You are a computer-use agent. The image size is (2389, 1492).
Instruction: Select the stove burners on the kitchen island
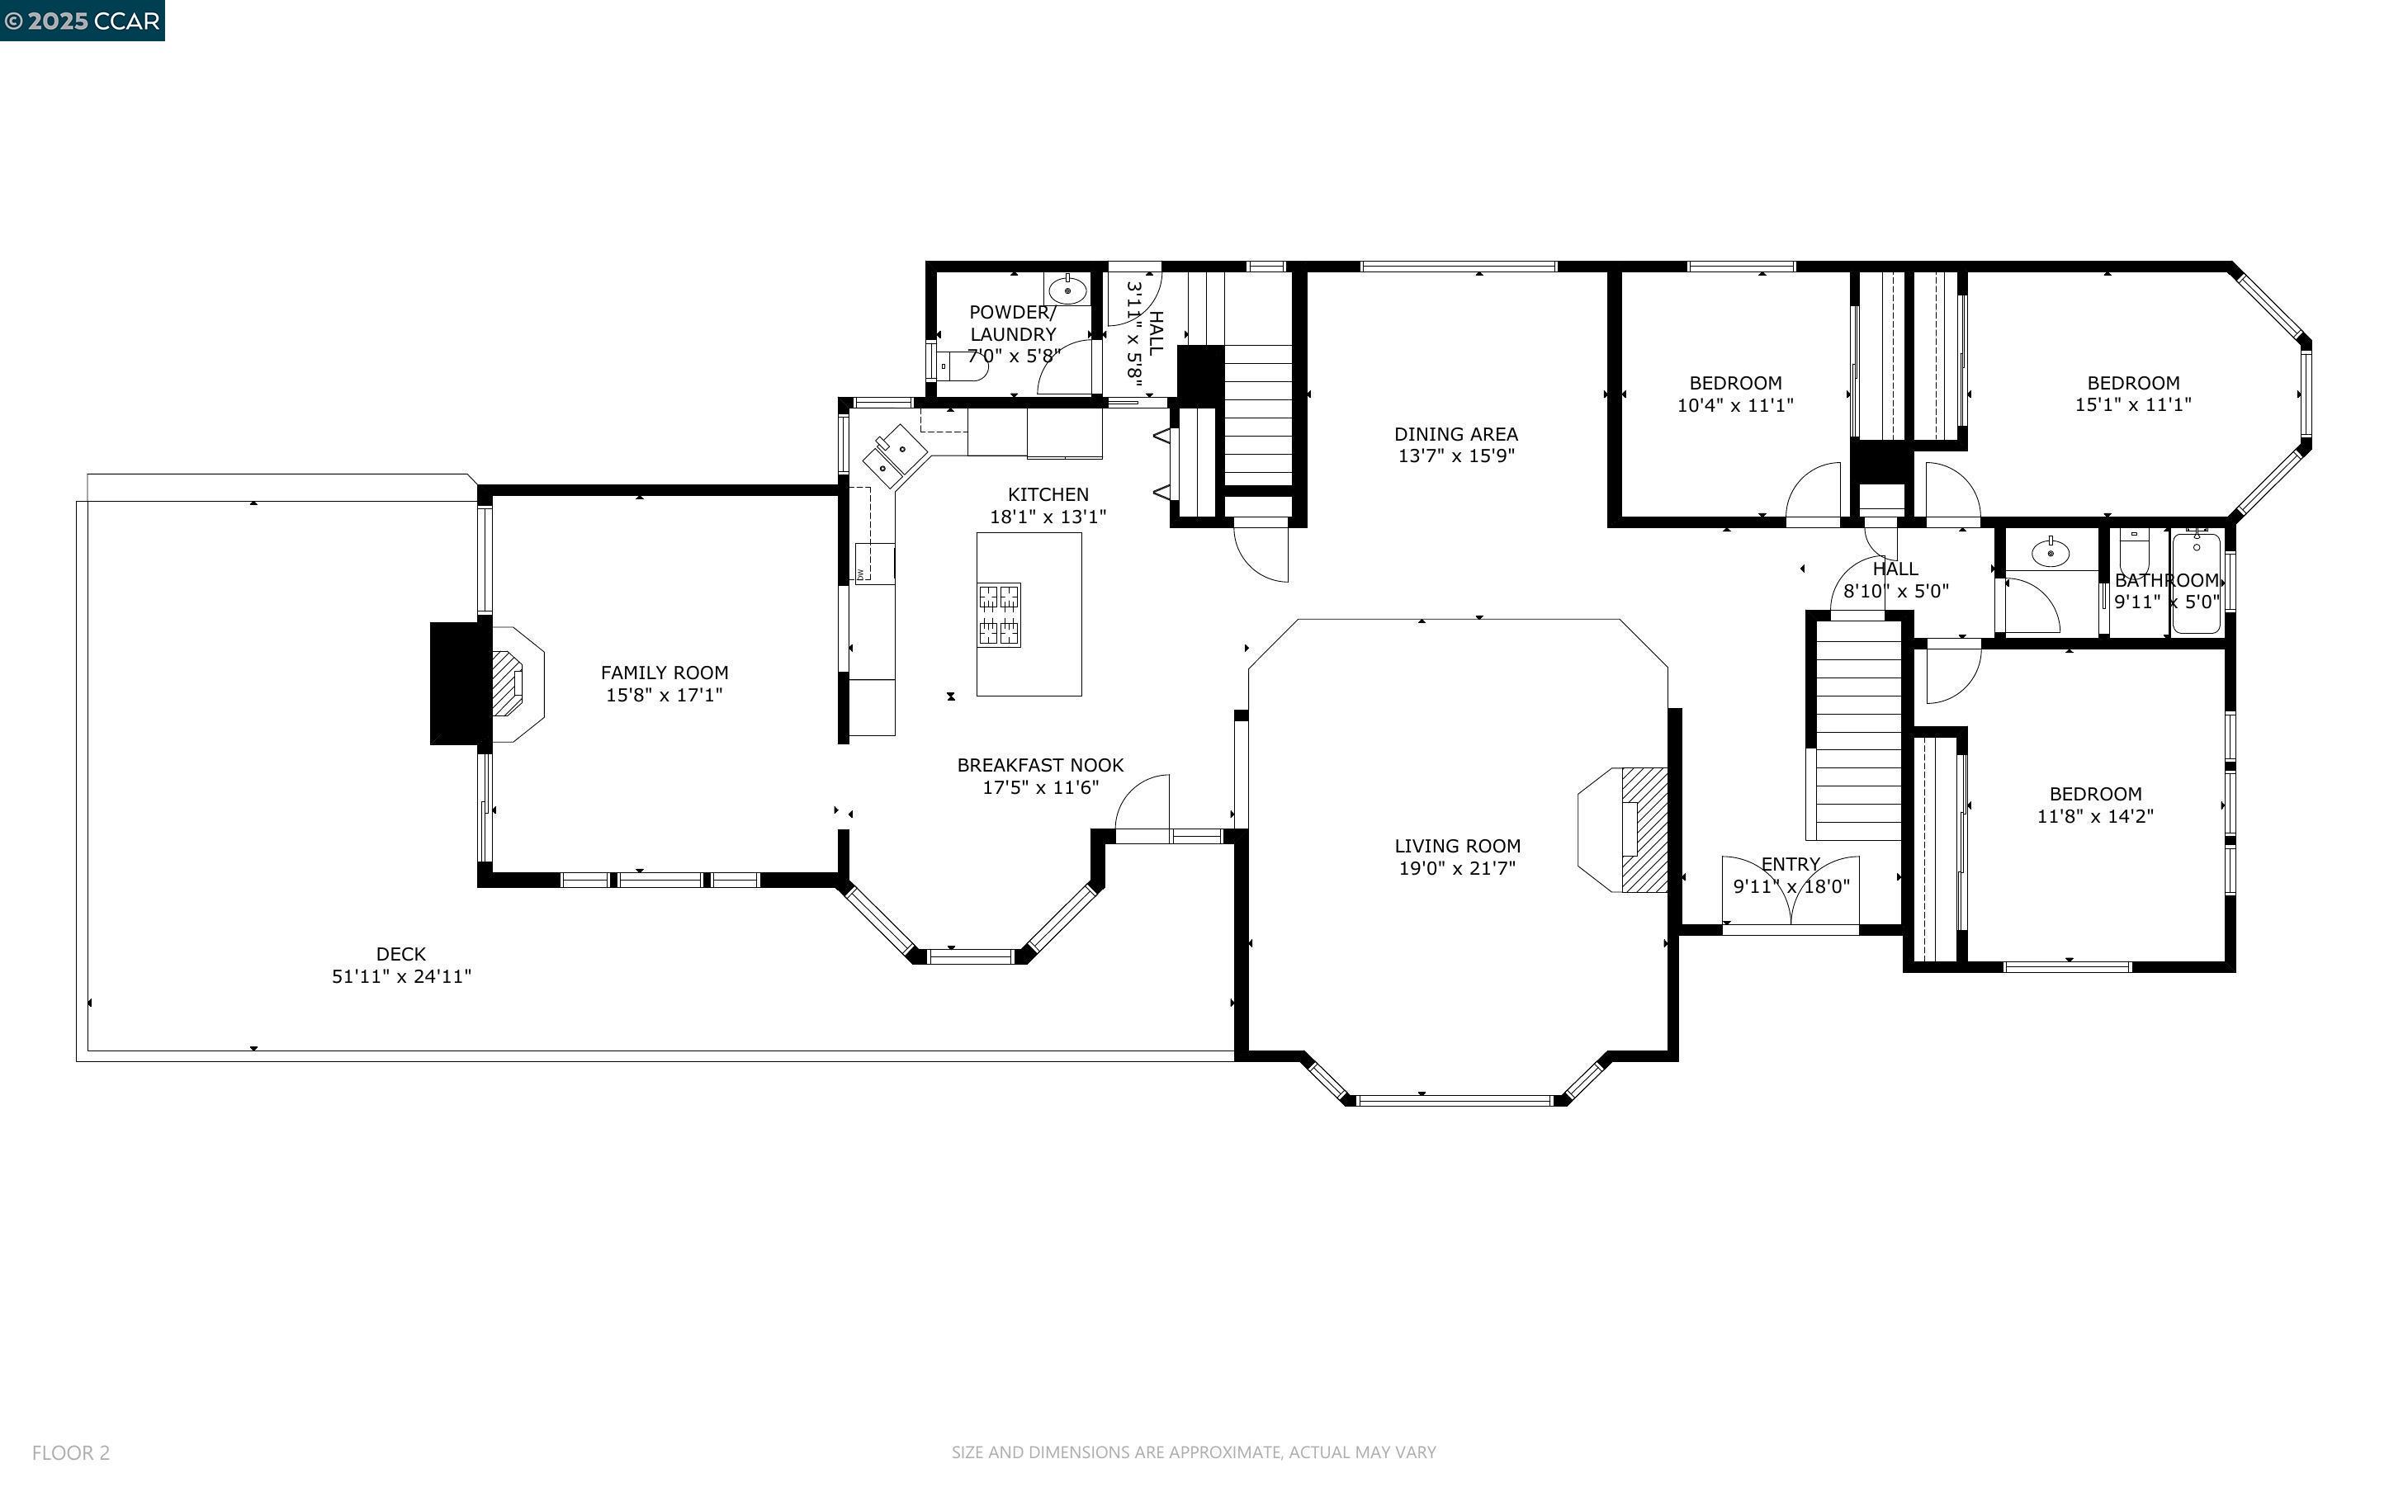tap(999, 615)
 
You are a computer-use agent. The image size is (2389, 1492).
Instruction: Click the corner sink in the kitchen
tap(895, 456)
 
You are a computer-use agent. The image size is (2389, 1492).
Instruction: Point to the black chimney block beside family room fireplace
tap(460, 682)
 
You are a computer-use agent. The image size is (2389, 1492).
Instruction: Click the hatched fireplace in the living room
tap(1644, 830)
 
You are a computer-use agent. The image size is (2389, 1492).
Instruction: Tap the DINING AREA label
tap(1455, 434)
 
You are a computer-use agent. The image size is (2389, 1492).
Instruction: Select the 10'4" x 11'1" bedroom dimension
tap(1734, 405)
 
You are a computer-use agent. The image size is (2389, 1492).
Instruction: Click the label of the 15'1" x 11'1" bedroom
tap(2132, 383)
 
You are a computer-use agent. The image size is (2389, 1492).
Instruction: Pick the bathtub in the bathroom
tap(2196, 583)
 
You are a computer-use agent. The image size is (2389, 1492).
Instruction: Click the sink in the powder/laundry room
tap(1067, 290)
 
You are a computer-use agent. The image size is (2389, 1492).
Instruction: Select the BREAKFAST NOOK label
tap(1040, 766)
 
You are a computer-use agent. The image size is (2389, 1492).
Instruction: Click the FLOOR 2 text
tap(71, 1452)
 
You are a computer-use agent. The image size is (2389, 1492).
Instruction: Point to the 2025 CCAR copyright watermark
tap(82, 21)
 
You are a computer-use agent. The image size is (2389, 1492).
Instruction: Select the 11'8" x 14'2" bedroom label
tap(2095, 795)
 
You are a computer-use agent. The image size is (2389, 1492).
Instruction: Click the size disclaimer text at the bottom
tap(1193, 1452)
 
